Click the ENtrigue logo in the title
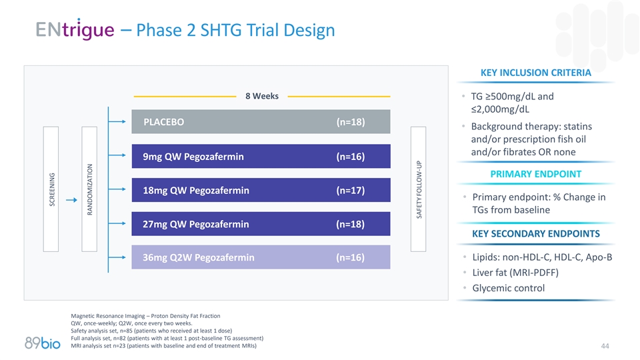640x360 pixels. tap(74, 30)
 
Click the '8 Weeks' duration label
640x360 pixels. tap(262, 96)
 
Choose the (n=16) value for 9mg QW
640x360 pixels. tap(350, 157)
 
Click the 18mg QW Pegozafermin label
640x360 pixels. tap(196, 191)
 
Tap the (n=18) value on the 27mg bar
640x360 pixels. tap(350, 224)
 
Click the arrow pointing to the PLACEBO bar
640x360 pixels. tap(117, 122)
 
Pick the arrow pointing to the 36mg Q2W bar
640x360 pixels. tap(117, 257)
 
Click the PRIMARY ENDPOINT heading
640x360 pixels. tap(535, 174)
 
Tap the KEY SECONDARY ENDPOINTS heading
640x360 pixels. tap(535, 233)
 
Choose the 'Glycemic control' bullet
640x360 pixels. tap(508, 288)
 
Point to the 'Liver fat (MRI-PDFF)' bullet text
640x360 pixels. tap(515, 273)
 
